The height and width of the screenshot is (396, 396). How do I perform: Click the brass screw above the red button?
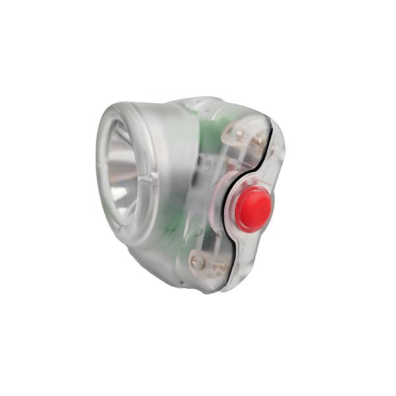(x=240, y=135)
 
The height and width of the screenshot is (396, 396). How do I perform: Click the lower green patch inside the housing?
(x=170, y=228)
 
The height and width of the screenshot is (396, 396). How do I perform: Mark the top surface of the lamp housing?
(x=185, y=104)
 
